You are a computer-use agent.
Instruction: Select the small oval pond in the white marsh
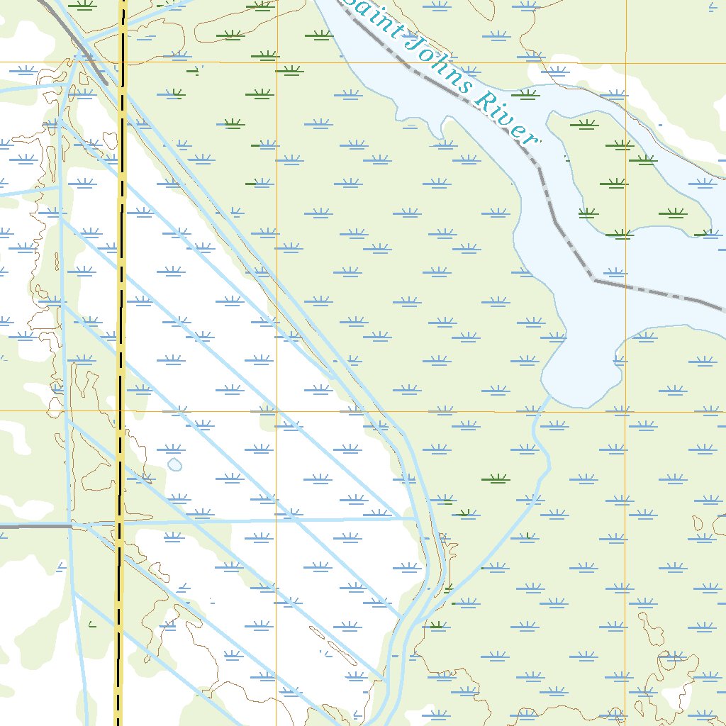174,464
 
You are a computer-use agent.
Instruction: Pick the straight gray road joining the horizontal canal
35,526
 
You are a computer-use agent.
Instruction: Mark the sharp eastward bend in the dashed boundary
594,280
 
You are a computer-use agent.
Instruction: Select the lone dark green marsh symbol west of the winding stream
496,479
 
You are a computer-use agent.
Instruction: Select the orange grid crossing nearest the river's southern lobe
625,411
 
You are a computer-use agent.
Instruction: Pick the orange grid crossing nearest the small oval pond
277,411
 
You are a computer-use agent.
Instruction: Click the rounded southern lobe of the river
578,369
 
